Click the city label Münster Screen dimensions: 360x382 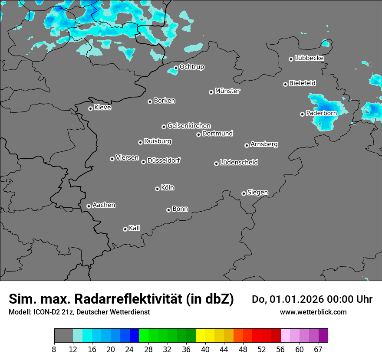click(x=227, y=91)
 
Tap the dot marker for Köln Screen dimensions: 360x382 click(x=157, y=189)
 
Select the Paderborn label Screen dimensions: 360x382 click(x=321, y=113)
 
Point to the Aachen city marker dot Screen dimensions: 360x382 click(x=89, y=206)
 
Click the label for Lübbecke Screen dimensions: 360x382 click(x=309, y=58)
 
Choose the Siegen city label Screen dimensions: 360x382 click(x=257, y=193)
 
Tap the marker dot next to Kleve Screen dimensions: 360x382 click(x=90, y=108)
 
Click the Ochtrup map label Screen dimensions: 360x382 click(x=191, y=67)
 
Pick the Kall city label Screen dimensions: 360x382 click(x=135, y=228)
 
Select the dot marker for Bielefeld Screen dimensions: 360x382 click(x=285, y=84)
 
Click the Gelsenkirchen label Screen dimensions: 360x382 click(x=189, y=126)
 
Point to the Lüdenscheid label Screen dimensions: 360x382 click(x=239, y=163)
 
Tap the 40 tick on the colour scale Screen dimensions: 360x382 click(x=205, y=349)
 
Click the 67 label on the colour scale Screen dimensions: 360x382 click(x=318, y=349)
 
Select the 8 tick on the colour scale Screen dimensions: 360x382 click(x=54, y=349)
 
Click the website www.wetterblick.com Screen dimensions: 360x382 click(x=313, y=312)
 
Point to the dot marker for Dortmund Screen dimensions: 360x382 click(x=198, y=134)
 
